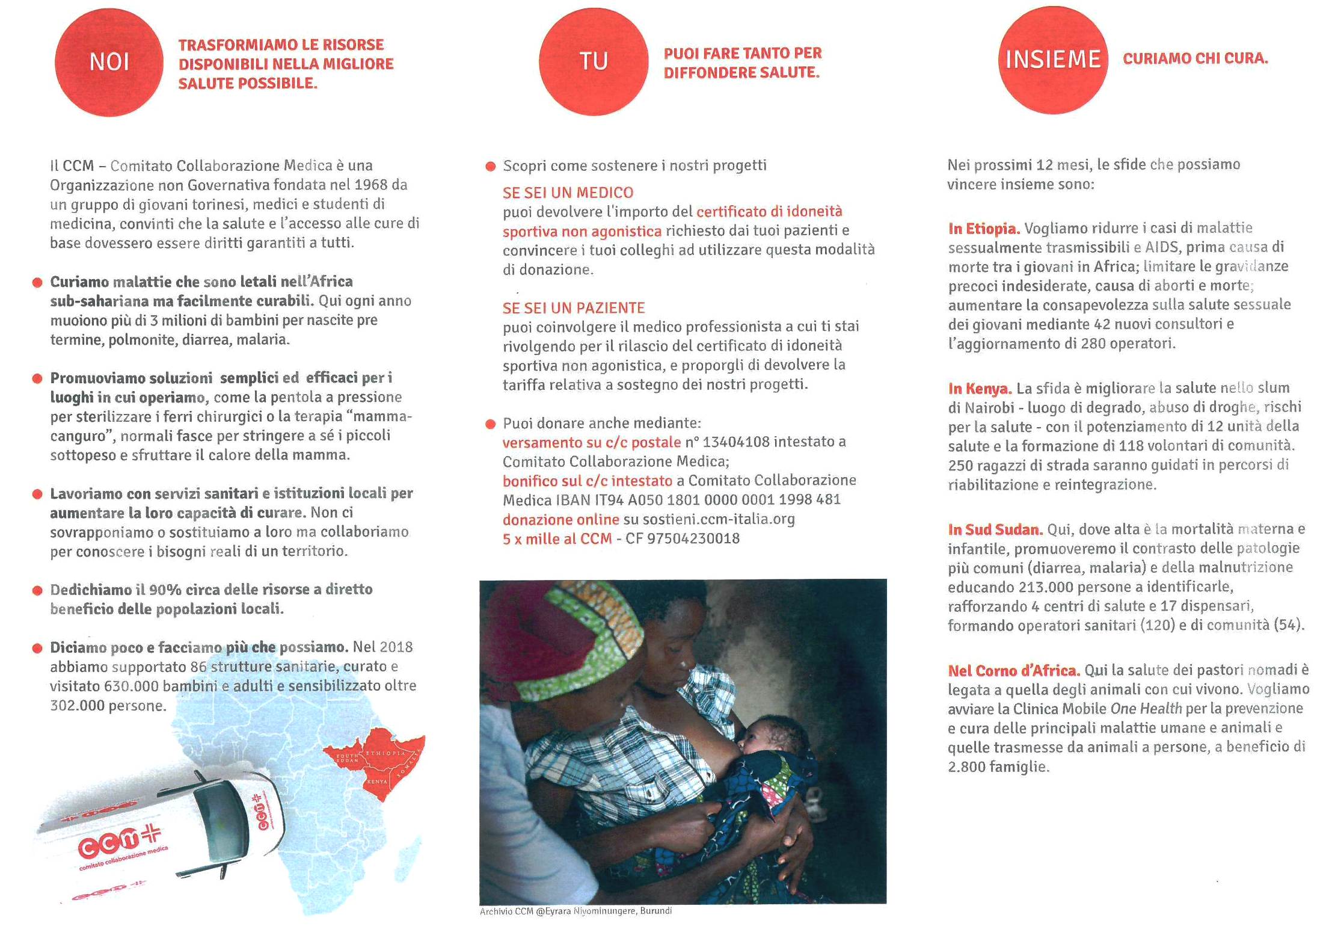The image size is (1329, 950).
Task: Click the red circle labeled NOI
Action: point(109,62)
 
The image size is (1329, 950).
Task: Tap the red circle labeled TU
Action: point(593,61)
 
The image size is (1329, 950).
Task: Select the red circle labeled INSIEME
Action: point(1052,60)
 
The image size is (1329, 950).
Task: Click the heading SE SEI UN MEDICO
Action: point(568,193)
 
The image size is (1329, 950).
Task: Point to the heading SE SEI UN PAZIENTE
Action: point(573,308)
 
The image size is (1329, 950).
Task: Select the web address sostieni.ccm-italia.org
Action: point(719,519)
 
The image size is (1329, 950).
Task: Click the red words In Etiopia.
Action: point(983,229)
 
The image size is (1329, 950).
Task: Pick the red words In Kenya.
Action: point(980,389)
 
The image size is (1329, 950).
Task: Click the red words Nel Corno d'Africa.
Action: point(1014,670)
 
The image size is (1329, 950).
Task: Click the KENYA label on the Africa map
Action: point(377,782)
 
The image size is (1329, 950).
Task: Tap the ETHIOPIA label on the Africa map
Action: point(385,753)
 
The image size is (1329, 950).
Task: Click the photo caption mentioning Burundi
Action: point(575,911)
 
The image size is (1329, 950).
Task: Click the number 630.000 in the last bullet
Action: point(131,686)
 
